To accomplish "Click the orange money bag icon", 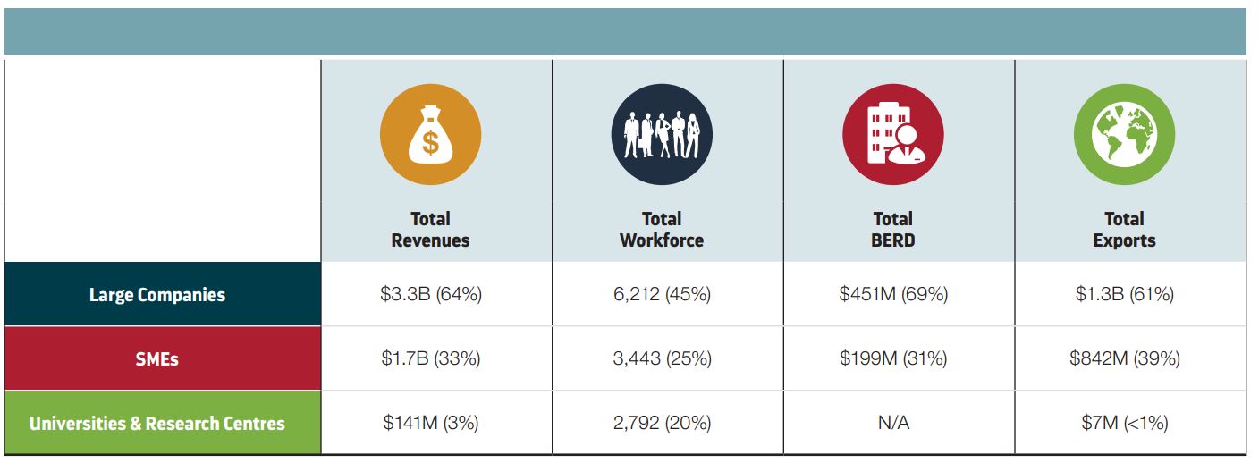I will click(430, 135).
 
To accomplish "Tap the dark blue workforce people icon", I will click(662, 135).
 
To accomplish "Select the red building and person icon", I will click(892, 135).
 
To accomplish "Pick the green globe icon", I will click(1124, 135).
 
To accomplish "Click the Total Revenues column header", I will click(430, 230).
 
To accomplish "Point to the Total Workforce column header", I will click(662, 230).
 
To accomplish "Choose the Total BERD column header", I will click(892, 230).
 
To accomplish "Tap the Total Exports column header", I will click(1124, 230).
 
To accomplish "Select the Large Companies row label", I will click(157, 295).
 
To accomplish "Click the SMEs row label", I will click(157, 359).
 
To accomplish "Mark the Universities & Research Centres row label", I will click(157, 423).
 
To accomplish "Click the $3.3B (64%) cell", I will click(430, 294).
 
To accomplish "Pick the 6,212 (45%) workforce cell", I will click(662, 294).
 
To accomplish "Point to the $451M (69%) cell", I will click(892, 294).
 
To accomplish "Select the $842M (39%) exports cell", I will click(1124, 358).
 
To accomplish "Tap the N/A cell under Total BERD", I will click(892, 423).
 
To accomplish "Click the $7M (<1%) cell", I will click(1124, 423).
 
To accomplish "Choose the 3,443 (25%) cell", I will click(662, 358).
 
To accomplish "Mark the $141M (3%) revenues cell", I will click(430, 423).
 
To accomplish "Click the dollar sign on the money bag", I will click(431, 142).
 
